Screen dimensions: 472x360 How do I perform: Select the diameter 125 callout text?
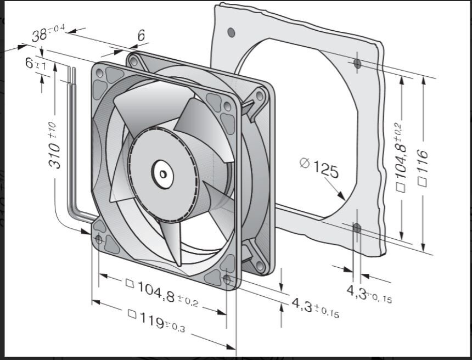click(319, 167)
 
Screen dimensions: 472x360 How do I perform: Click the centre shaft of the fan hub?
click(163, 174)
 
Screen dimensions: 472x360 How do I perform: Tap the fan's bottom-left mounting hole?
click(99, 239)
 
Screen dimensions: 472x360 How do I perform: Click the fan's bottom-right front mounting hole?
click(228, 279)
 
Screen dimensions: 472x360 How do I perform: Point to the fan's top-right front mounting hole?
click(226, 105)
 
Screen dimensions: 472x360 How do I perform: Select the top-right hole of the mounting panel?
click(357, 64)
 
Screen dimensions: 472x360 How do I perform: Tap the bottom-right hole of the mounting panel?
click(357, 227)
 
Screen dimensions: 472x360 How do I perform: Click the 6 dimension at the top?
click(141, 36)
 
